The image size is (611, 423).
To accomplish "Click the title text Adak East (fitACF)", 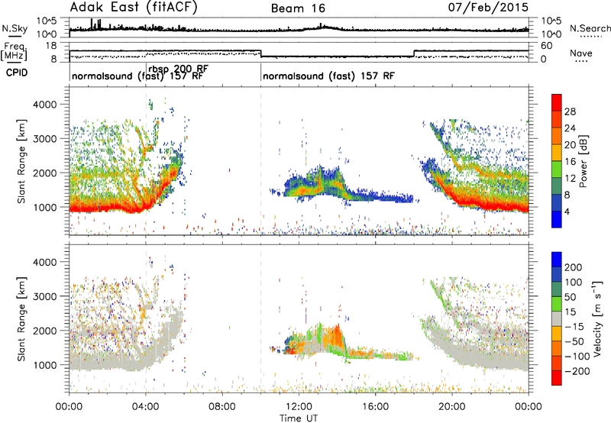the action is (134, 7).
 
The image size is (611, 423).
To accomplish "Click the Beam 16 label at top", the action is (298, 8).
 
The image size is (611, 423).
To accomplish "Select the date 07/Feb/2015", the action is (488, 7).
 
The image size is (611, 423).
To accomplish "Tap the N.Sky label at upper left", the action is (15, 28).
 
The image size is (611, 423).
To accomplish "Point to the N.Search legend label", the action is (590, 28).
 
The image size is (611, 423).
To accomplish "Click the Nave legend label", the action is (581, 53).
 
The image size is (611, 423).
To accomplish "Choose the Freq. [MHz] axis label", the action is (14, 52).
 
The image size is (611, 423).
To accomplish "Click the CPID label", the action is (17, 73).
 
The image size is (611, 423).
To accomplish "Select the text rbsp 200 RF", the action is (179, 69).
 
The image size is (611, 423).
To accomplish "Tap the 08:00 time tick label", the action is (222, 406).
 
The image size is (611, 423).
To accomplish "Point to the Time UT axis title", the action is (299, 418).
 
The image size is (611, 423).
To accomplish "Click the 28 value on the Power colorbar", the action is (570, 111).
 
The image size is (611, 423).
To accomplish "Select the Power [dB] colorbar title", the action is (584, 161).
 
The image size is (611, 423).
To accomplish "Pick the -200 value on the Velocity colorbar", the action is (577, 371).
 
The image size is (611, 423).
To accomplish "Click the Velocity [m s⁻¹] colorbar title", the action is (596, 318).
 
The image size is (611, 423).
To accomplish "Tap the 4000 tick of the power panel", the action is (46, 105).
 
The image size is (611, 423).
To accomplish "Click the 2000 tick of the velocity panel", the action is (46, 331).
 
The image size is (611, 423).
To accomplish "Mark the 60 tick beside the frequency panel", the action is (547, 46).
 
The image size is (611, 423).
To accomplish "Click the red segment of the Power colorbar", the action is (557, 102).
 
